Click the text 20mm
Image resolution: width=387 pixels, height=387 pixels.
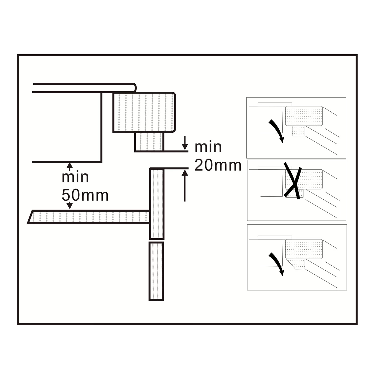(218, 165)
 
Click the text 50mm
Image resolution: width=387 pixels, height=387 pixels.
(85, 195)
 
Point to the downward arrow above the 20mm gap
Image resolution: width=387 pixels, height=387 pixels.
(185, 143)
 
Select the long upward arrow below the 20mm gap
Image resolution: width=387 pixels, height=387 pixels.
(185, 185)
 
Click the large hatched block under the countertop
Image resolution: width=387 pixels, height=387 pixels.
(144, 112)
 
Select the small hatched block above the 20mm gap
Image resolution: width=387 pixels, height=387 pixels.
(149, 142)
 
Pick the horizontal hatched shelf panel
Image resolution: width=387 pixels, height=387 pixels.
(89, 217)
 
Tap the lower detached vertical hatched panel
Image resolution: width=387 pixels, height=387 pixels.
(156, 271)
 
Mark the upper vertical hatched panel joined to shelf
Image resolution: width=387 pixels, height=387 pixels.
(157, 204)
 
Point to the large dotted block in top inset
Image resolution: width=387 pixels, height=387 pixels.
(304, 116)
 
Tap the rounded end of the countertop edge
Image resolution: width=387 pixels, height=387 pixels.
(135, 88)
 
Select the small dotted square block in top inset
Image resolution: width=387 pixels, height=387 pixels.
(299, 131)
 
